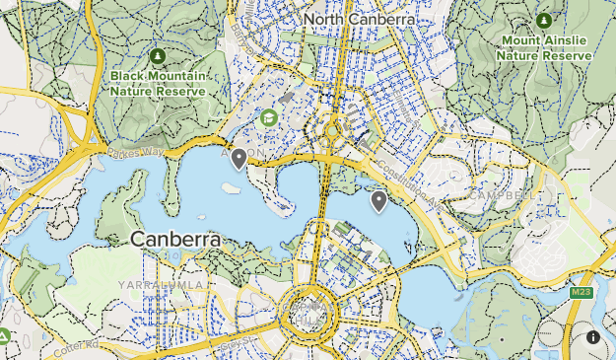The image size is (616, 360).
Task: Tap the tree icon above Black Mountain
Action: coord(158,55)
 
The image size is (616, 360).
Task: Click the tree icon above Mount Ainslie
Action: coord(544,20)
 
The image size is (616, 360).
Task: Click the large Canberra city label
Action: coord(175,240)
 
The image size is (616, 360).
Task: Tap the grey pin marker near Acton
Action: coord(238,159)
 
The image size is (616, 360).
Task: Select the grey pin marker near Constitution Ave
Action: coord(378,201)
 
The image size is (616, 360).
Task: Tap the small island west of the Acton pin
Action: coord(230,189)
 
